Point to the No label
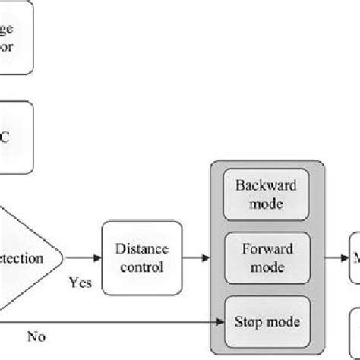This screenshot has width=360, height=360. (x=35, y=334)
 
